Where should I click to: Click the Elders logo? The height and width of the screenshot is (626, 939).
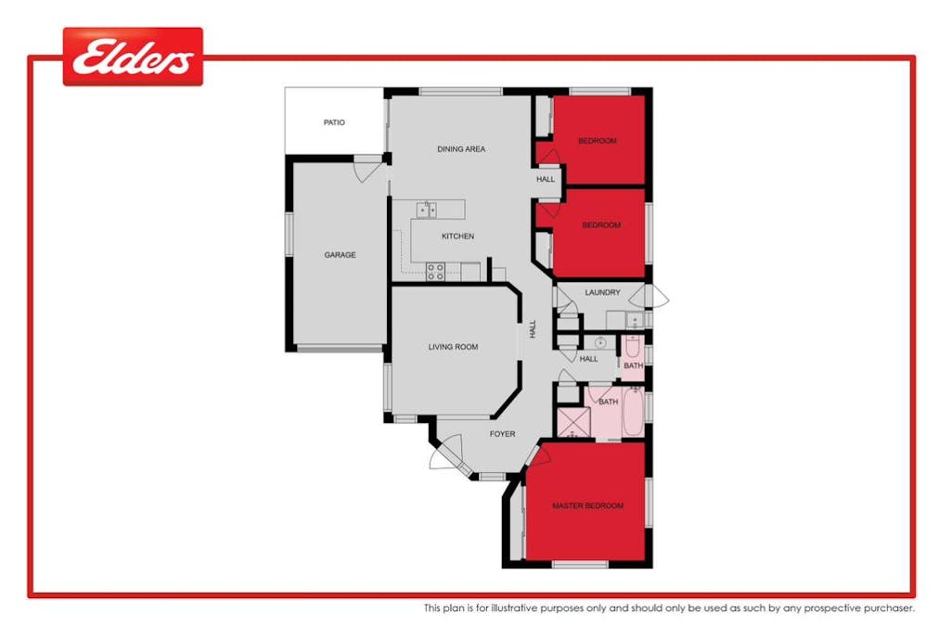133,57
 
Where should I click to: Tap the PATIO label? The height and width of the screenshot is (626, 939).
334,122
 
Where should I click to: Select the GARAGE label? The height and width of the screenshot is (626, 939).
340,255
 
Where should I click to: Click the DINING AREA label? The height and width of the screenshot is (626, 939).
461,149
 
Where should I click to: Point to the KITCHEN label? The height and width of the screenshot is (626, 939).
457,236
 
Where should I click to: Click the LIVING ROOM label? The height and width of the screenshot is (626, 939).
453,348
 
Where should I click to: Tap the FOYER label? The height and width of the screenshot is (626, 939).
502,434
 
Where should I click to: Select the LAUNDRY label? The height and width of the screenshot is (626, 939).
602,293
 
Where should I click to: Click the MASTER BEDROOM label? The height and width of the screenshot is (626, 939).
587,506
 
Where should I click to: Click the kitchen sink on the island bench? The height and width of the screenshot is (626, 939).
426,209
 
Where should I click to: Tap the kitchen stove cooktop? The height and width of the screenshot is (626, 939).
435,271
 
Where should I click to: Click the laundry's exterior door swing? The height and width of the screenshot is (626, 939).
658,297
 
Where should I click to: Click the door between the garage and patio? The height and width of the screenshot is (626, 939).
367,170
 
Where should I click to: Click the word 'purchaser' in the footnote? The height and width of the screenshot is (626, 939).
887,609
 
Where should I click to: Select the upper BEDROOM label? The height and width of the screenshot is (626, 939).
597,141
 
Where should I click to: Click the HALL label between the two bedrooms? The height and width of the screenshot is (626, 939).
546,179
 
